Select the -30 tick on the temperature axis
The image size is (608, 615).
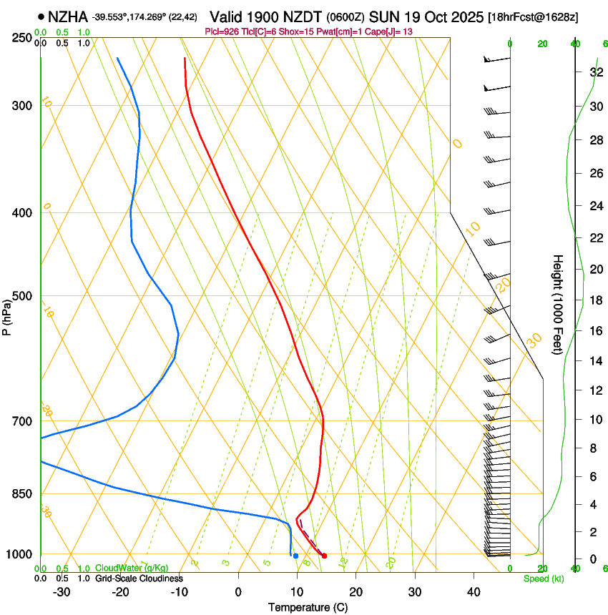pos(62,592)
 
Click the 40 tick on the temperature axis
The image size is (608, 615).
pos(473,592)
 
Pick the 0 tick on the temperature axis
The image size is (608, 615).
pos(238,592)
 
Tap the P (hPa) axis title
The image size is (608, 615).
pos(7,315)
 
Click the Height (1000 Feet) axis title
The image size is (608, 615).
pos(558,304)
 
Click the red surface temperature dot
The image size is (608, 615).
pos(324,556)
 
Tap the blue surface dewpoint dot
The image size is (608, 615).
pos(295,556)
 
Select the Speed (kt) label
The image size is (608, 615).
pos(543,579)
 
